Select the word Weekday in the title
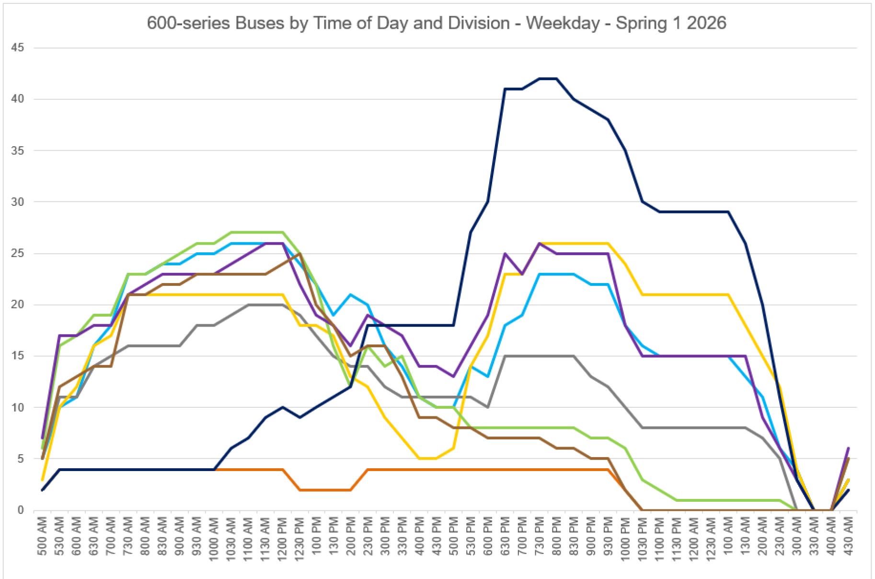tap(563, 23)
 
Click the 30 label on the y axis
tap(18, 202)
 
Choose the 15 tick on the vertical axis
tap(18, 356)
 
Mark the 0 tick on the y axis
tap(21, 510)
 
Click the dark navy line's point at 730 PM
tap(540, 79)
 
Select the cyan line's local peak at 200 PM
tap(351, 295)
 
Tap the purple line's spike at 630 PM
tap(505, 253)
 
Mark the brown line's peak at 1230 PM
tap(299, 253)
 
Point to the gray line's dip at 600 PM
tap(488, 407)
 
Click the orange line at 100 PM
tap(317, 490)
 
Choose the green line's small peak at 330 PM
tap(402, 356)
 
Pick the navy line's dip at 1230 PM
tap(299, 417)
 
